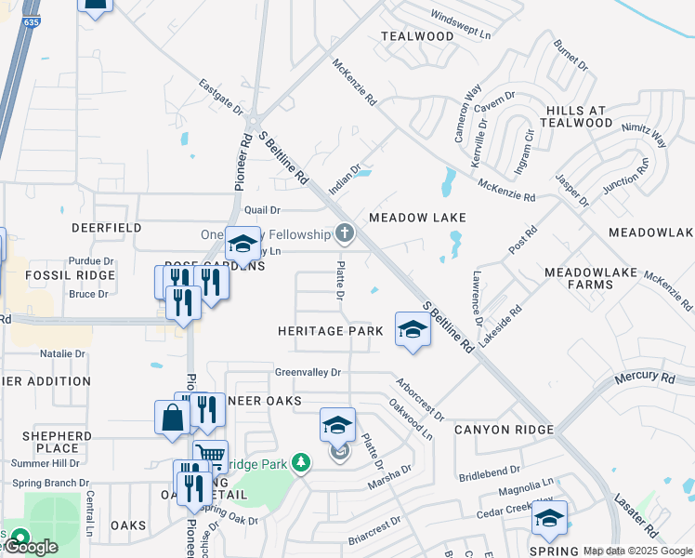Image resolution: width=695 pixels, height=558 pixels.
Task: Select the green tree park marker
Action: coord(300,461)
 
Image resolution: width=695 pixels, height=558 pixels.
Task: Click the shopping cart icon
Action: coord(211,456)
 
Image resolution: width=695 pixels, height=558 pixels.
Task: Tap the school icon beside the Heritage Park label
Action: coord(413,329)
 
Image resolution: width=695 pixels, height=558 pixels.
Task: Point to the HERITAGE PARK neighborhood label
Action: coord(330,331)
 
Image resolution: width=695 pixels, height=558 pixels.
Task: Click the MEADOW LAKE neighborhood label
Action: coord(416,218)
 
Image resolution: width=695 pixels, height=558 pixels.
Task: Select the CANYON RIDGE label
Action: coord(504,430)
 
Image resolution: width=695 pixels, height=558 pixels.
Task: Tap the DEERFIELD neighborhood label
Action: coord(107,228)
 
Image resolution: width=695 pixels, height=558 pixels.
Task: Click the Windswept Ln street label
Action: coord(461,25)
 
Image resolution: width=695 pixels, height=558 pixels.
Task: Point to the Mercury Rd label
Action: coord(644,378)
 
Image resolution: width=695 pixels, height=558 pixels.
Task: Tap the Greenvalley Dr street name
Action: coord(308,372)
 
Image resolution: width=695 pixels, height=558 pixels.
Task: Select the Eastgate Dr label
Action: coord(221,98)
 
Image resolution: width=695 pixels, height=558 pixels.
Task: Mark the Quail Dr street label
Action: coord(262,210)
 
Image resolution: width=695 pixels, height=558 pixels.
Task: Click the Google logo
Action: coord(30,547)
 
